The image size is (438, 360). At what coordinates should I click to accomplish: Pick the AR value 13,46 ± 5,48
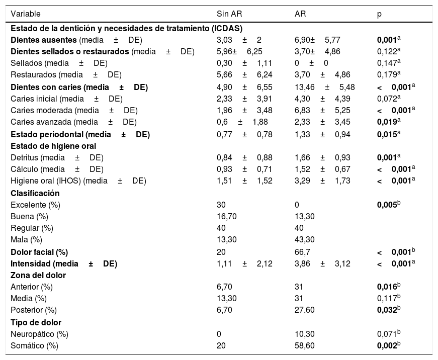pyautogui.click(x=324, y=87)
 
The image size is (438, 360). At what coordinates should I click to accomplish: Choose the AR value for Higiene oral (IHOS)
pyautogui.click(x=322, y=182)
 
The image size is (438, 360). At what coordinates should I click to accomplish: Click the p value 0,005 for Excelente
pyautogui.click(x=388, y=205)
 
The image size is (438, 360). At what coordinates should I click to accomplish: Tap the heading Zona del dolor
pyautogui.click(x=38, y=275)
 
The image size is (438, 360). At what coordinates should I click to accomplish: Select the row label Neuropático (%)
pyautogui.click(x=39, y=334)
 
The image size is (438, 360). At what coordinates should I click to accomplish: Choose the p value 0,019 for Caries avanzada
pyautogui.click(x=388, y=122)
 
